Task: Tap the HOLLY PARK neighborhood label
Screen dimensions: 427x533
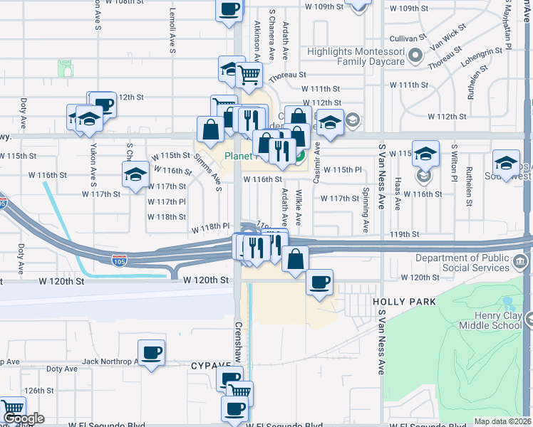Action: coord(404,302)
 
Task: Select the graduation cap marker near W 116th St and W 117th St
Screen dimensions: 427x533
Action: coord(135,175)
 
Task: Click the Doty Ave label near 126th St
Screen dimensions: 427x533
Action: coord(61,369)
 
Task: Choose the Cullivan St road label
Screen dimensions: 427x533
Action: coord(408,38)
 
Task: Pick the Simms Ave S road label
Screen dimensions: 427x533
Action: coord(208,174)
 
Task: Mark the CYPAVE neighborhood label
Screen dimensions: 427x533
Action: coord(207,365)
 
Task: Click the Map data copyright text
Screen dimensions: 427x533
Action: coord(503,421)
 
